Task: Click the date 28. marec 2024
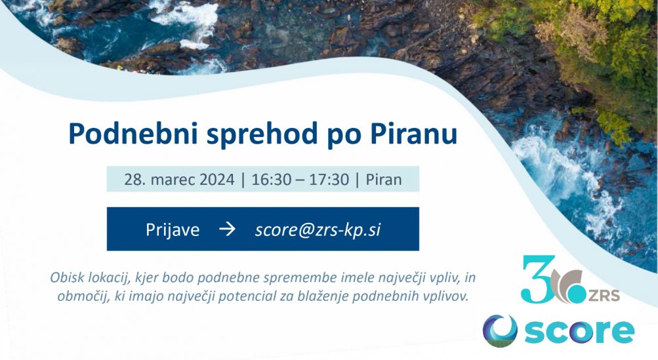click(x=179, y=180)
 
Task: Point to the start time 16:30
click(x=271, y=180)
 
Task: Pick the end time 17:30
click(x=329, y=180)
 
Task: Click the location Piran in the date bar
click(x=384, y=180)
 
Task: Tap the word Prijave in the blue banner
click(x=173, y=230)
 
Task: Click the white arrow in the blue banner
click(x=227, y=229)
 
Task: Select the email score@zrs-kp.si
click(x=318, y=230)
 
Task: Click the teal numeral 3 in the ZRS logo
click(x=537, y=279)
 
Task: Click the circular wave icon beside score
click(x=499, y=330)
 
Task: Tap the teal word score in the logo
click(x=579, y=332)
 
